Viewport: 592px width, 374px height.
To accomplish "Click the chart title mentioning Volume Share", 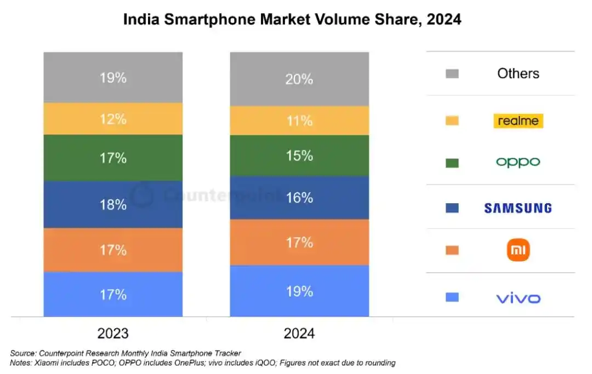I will click(292, 20).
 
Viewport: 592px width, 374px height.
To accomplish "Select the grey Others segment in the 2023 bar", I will click(113, 77).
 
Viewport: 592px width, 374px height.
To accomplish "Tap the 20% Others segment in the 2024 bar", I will click(299, 79).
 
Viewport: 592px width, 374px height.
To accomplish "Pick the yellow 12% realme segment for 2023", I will click(113, 118).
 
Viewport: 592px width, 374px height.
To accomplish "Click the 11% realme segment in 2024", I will click(299, 120).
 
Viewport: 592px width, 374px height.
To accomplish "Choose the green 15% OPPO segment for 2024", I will click(299, 156).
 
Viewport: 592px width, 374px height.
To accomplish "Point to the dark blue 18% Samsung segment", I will click(113, 204).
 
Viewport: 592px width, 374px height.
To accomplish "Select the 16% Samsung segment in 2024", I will click(299, 198).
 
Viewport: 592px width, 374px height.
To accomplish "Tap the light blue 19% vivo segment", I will click(299, 291).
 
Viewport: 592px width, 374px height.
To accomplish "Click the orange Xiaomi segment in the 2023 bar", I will click(113, 250).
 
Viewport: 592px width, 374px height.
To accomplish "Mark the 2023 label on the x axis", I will click(113, 333).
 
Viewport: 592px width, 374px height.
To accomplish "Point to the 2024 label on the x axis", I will click(299, 333).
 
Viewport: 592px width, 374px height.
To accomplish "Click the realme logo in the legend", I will click(518, 121).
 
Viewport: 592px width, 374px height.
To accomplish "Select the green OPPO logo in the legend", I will click(518, 163).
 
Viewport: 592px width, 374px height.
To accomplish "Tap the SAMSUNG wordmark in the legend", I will click(518, 208).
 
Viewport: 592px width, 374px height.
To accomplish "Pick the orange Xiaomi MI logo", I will click(518, 251).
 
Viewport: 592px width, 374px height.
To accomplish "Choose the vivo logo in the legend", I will click(518, 298).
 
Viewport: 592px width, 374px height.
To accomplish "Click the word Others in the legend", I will click(518, 73).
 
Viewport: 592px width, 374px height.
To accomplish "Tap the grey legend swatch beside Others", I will click(453, 73).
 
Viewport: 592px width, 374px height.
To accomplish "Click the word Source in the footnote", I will click(23, 353).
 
